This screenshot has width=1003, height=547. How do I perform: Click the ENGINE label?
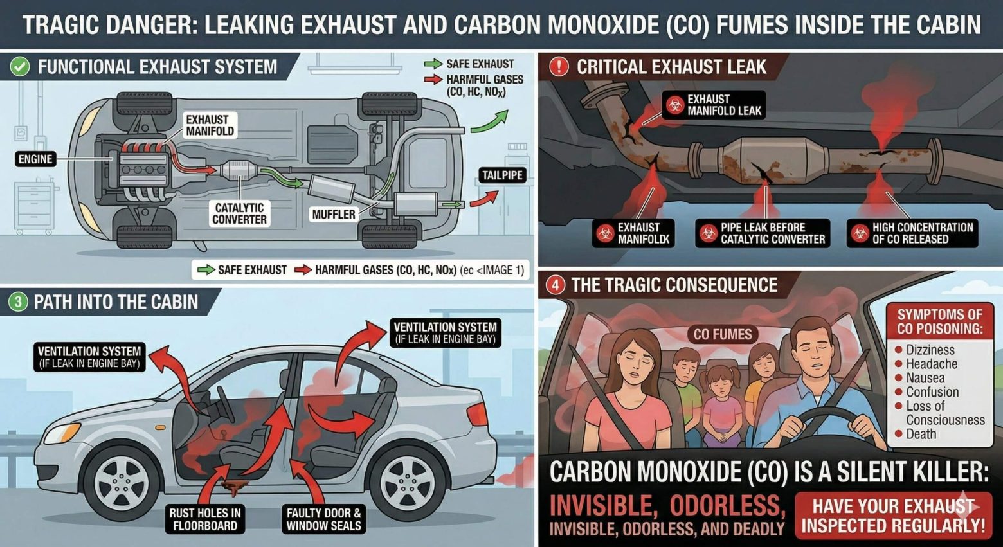tap(35, 159)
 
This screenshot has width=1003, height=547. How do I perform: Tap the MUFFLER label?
tap(334, 214)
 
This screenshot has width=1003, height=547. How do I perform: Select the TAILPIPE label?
tap(502, 175)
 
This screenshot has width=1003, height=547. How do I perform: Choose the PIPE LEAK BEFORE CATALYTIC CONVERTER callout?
tap(763, 233)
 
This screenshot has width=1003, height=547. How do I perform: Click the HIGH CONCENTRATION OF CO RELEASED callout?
tap(912, 233)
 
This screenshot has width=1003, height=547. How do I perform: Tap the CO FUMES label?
tap(722, 334)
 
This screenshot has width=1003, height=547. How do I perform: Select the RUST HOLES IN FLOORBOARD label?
tap(204, 519)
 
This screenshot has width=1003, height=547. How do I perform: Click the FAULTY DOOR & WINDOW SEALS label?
tap(324, 519)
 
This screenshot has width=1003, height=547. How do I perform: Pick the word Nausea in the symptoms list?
tap(925, 378)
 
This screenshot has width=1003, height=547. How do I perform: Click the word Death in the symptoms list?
tap(921, 434)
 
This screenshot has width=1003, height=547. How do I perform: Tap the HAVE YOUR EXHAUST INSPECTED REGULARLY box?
tap(894, 516)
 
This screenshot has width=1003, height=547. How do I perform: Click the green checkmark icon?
tap(20, 67)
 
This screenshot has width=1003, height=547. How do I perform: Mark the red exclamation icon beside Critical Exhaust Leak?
tap(559, 67)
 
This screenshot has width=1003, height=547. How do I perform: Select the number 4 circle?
tap(555, 285)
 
